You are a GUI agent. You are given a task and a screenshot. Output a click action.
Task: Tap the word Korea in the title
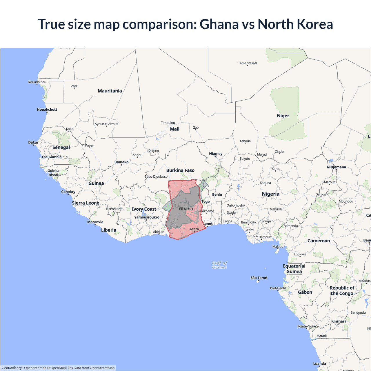click(x=314, y=24)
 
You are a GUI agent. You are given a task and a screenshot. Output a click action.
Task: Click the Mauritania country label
click(x=110, y=91)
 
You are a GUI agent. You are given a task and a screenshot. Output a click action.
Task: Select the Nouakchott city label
click(x=47, y=109)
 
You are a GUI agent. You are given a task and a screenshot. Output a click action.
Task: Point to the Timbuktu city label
click(x=168, y=123)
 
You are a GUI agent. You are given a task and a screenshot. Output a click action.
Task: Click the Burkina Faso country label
click(x=180, y=170)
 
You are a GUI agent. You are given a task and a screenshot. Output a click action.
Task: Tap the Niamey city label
click(x=216, y=154)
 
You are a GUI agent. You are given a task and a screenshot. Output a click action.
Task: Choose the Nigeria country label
click(x=270, y=194)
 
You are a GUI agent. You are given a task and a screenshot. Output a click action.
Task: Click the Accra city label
click(x=194, y=229)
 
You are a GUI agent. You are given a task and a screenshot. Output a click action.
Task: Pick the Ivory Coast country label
click(x=144, y=209)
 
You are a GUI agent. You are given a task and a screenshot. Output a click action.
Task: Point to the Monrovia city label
click(x=95, y=222)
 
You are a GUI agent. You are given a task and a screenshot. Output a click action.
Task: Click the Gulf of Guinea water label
click(x=219, y=265)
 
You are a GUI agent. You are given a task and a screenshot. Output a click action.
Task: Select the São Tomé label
click(x=259, y=278)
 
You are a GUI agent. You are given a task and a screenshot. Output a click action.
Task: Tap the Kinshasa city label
click(x=339, y=321)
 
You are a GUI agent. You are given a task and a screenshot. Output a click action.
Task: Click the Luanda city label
click(x=319, y=363)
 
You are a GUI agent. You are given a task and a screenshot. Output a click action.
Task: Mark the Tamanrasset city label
click(x=248, y=63)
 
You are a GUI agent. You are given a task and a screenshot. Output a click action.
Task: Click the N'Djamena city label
click(x=336, y=167)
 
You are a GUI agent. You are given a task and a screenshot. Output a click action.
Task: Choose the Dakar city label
click(x=33, y=142)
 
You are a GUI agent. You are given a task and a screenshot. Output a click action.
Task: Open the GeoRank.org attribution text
click(x=12, y=368)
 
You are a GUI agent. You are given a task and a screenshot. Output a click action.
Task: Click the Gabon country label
click(x=305, y=292)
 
